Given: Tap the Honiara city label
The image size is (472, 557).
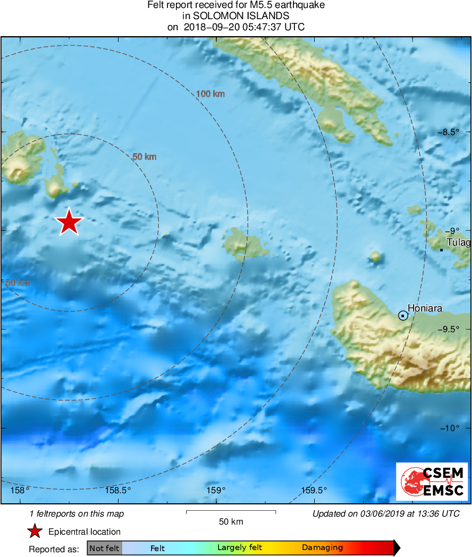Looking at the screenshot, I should pyautogui.click(x=425, y=308).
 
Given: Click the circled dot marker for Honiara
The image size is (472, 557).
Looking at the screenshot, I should pyautogui.click(x=403, y=316).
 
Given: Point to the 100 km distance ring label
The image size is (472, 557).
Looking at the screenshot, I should pyautogui.click(x=210, y=94).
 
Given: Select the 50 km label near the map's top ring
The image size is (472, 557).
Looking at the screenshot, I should pyautogui.click(x=144, y=157).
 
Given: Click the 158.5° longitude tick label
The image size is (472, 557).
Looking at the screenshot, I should pyautogui.click(x=118, y=490).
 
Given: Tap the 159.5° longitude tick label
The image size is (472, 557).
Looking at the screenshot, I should pyautogui.click(x=315, y=490).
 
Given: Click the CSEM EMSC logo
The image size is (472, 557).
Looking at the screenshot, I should pyautogui.click(x=432, y=482).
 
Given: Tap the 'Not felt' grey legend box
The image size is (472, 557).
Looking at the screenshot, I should pyautogui.click(x=104, y=548).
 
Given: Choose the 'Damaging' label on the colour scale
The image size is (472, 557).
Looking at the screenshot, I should pyautogui.click(x=322, y=548).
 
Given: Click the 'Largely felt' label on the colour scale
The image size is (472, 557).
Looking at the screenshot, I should pyautogui.click(x=240, y=548).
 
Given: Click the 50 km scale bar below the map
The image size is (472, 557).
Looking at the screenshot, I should pyautogui.click(x=231, y=512).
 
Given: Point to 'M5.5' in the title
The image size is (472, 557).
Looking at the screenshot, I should pyautogui.click(x=246, y=5).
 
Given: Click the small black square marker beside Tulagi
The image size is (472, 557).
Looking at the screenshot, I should pyautogui.click(x=442, y=250).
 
